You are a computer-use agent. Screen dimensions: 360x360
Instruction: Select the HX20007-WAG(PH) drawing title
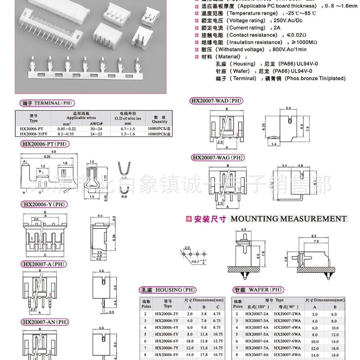(x=218, y=157)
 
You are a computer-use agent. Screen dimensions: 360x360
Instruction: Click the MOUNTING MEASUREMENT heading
(x=288, y=219)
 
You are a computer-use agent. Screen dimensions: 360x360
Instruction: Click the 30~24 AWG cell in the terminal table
(x=94, y=129)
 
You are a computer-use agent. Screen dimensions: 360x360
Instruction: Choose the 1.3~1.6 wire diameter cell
(x=127, y=134)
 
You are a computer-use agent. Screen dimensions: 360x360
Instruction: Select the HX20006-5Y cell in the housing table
(x=164, y=334)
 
